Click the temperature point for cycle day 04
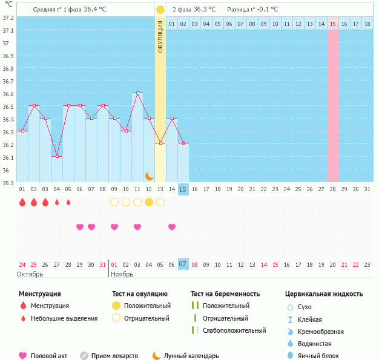57,156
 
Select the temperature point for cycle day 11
137,93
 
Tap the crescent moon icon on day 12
150,175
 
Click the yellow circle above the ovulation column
160,10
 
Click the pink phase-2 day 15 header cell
333,24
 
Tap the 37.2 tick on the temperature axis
8,18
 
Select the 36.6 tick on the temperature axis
8,94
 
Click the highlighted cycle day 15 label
183,189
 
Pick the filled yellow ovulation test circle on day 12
149,202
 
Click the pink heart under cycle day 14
172,227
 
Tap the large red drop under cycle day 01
22,202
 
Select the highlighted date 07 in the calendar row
183,264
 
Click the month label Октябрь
30,274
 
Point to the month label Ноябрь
122,274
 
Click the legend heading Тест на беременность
225,294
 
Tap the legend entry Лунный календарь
191,356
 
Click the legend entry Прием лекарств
114,356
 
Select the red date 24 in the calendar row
22,264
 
